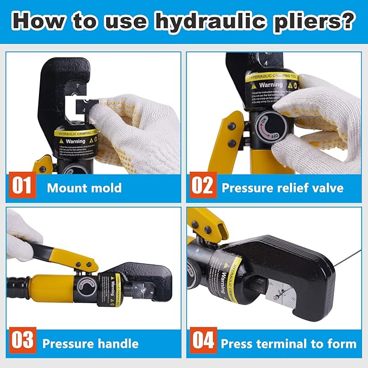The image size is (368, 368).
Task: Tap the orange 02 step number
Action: click(202, 188)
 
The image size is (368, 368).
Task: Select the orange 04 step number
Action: click(202, 342)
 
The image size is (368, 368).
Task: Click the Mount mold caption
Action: click(84, 189)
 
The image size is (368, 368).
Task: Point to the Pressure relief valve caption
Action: click(282, 189)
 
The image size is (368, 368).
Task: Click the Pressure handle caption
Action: click(90, 344)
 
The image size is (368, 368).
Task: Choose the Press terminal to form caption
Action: click(288, 344)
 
